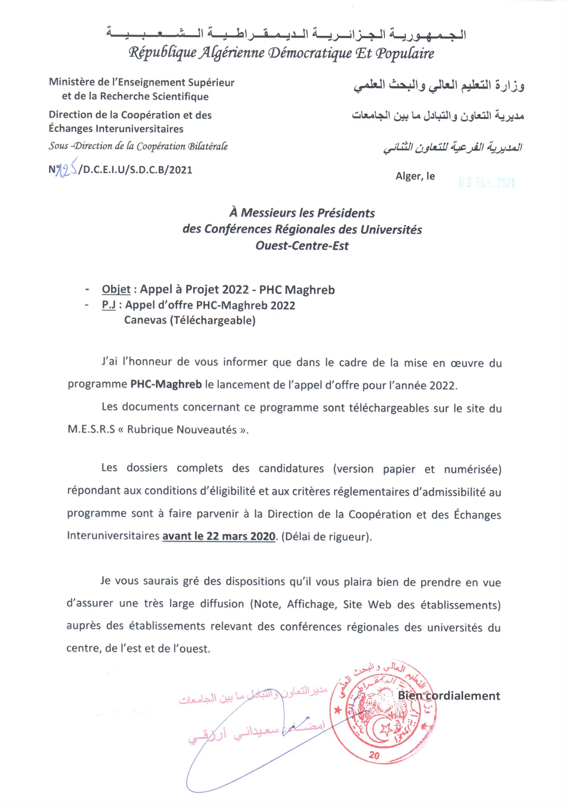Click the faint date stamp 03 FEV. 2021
[487, 183]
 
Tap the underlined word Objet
[116, 289]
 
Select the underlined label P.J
[109, 305]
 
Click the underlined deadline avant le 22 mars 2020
[219, 536]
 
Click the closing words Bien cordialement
[449, 696]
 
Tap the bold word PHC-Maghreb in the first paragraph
[166, 384]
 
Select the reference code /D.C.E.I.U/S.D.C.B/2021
[135, 170]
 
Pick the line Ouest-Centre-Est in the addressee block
[302, 246]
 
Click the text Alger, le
[415, 176]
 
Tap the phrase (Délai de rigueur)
[326, 536]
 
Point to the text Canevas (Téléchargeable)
[190, 320]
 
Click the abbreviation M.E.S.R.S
[91, 429]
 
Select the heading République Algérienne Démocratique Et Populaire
[281, 53]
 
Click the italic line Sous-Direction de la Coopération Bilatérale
[138, 146]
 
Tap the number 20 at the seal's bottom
[374, 755]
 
